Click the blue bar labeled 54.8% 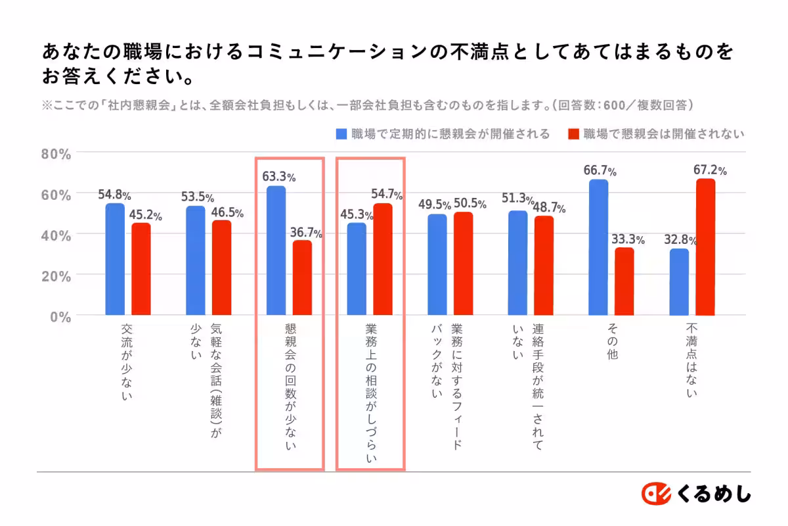[115, 259]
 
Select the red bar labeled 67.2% [705, 247]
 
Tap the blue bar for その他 [598, 247]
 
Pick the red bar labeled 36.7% [302, 278]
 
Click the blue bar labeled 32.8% [679, 282]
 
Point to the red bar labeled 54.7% [382, 259]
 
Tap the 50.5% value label [470, 204]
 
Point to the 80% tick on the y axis [56, 155]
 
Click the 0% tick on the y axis [60, 316]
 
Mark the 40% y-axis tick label [56, 235]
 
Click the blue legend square [341, 134]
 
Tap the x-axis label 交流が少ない [127, 362]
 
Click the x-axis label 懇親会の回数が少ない [290, 388]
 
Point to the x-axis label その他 [611, 342]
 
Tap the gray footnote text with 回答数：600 [368, 105]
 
